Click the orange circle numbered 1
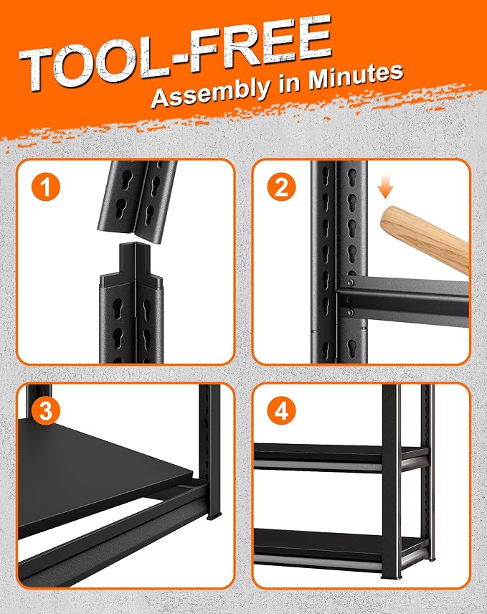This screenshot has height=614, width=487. click(x=46, y=186)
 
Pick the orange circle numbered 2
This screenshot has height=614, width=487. click(x=281, y=186)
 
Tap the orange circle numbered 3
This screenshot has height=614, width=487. click(x=46, y=411)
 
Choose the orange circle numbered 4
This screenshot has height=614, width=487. click(x=281, y=411)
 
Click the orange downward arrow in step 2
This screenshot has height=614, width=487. click(x=386, y=188)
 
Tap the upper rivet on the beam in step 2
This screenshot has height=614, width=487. click(x=350, y=283)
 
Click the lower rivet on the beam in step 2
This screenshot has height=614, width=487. click(x=350, y=312)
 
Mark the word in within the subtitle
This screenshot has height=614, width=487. click(x=289, y=83)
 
